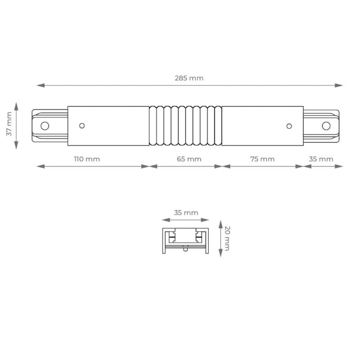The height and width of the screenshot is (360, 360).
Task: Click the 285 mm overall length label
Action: (x=189, y=78)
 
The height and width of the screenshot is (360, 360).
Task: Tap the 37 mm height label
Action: (x=9, y=124)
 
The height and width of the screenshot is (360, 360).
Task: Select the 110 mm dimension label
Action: (x=87, y=159)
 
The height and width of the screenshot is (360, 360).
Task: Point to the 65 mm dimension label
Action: (x=189, y=159)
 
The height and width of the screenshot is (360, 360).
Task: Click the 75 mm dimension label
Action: (x=263, y=159)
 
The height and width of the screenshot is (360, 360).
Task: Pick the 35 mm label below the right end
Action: (x=321, y=159)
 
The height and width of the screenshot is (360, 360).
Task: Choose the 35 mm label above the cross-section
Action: (x=186, y=213)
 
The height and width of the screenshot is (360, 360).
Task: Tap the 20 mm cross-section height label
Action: (x=227, y=238)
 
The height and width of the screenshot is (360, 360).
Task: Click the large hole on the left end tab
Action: (x=45, y=126)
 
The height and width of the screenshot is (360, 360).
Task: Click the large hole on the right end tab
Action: (x=326, y=126)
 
